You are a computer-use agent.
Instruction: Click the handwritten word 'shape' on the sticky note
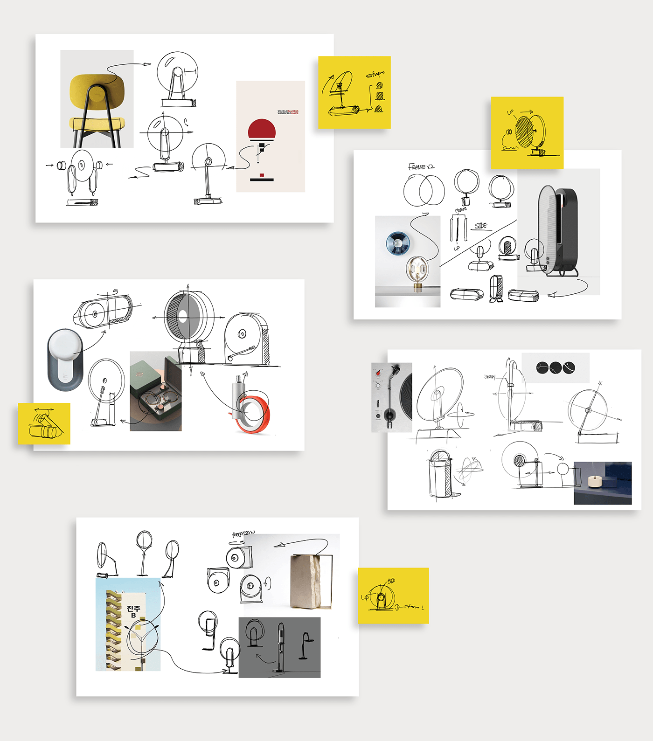(x=375, y=74)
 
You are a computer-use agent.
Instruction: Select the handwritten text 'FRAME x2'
(x=421, y=166)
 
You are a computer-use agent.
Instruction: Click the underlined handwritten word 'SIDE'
(x=481, y=226)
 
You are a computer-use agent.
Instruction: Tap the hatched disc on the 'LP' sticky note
(x=524, y=132)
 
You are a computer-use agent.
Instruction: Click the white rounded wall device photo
(x=65, y=359)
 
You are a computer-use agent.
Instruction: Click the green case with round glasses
(x=156, y=392)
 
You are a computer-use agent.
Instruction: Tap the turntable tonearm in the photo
(x=390, y=392)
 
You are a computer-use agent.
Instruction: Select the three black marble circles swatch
(x=555, y=367)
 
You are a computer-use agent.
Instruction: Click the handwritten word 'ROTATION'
(x=243, y=533)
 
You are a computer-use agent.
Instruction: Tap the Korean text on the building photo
(x=133, y=611)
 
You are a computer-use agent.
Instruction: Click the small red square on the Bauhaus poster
(x=262, y=175)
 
